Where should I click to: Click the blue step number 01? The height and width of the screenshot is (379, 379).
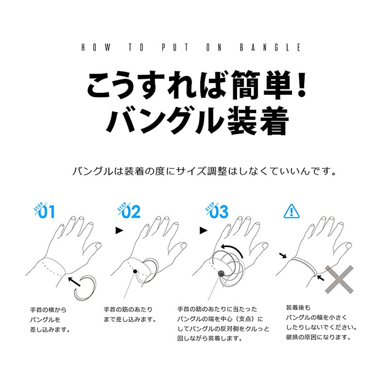(47, 212)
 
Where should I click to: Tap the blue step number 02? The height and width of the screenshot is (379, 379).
(131, 212)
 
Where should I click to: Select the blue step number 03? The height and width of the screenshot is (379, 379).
(219, 212)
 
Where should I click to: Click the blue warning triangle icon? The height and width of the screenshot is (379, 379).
(291, 211)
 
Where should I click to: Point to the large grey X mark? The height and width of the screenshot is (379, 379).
(339, 280)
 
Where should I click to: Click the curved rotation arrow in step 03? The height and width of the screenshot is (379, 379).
(233, 248)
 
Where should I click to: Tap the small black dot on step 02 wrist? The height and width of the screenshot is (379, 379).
(135, 271)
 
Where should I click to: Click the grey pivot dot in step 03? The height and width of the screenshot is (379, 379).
(221, 273)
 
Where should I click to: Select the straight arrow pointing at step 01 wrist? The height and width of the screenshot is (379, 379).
(74, 282)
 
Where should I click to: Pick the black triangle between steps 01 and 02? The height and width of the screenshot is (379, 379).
(119, 230)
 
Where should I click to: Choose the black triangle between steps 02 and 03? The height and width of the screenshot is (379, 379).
(203, 230)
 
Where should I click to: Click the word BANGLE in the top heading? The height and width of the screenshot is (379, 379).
(270, 47)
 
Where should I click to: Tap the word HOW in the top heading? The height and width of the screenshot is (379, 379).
(96, 47)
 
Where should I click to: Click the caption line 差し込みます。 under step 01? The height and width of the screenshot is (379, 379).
(50, 329)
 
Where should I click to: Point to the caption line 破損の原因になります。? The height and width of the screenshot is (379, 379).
(319, 337)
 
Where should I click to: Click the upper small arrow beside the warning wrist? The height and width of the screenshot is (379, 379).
(283, 255)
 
